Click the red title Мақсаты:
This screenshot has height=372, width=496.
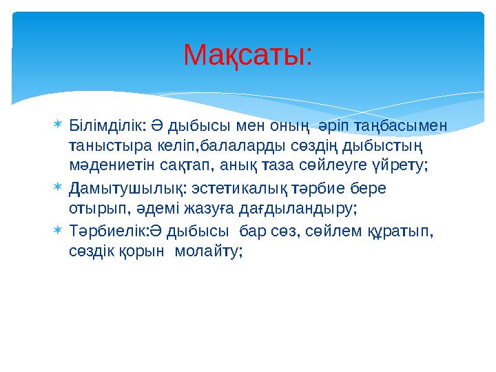click(248, 56)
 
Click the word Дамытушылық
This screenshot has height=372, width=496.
click(118, 188)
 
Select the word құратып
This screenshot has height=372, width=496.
click(397, 230)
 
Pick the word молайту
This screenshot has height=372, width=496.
click(209, 251)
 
